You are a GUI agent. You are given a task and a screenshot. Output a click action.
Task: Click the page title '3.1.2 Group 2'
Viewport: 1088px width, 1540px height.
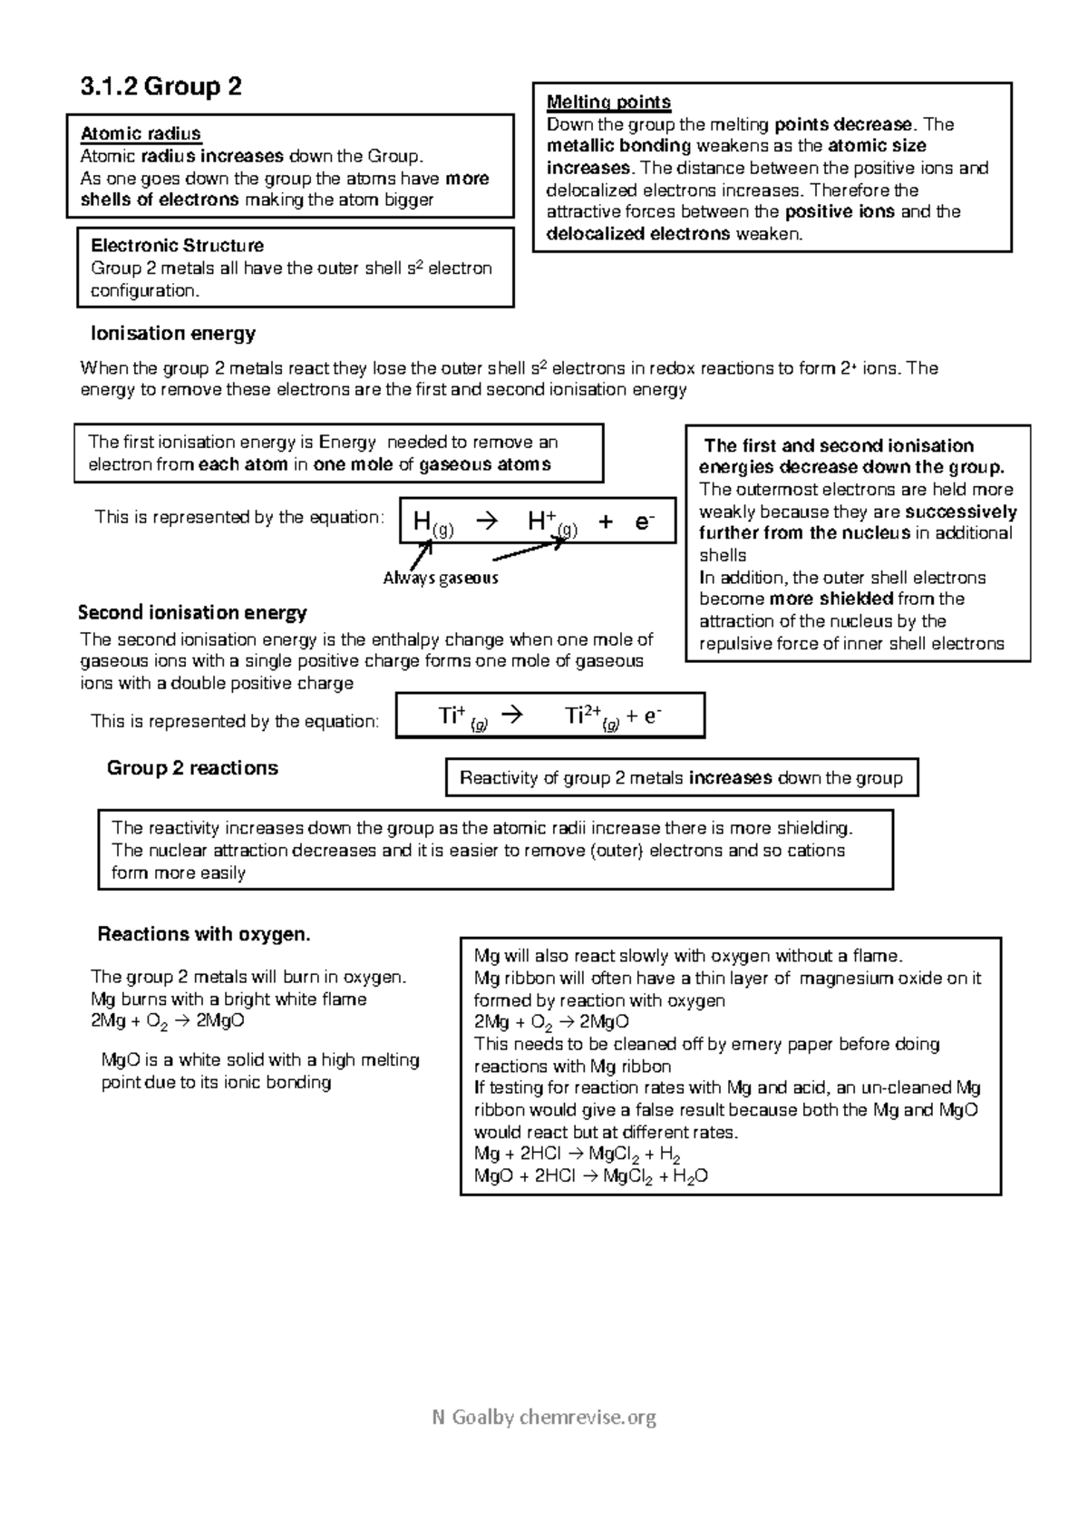tap(160, 87)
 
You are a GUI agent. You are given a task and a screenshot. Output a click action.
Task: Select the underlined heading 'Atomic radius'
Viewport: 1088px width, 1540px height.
tap(141, 134)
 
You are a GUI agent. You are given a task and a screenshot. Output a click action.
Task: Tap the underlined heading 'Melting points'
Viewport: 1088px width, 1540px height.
tap(608, 102)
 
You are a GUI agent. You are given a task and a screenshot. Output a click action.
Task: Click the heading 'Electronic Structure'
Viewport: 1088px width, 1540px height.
tap(177, 246)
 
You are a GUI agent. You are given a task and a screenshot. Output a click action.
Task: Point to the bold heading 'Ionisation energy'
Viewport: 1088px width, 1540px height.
tap(173, 334)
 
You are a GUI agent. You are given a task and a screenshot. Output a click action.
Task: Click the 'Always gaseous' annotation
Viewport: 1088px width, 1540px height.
tap(440, 578)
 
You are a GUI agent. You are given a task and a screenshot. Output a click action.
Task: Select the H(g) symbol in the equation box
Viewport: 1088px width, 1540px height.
tap(432, 522)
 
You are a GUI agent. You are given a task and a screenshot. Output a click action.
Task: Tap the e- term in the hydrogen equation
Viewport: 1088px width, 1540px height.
tap(644, 521)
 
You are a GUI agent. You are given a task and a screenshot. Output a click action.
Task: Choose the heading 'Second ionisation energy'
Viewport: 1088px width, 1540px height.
tap(192, 612)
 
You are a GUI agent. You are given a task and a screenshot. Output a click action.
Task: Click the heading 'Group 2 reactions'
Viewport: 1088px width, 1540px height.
tap(192, 768)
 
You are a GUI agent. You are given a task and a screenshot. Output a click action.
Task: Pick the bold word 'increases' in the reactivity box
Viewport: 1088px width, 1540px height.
tap(730, 778)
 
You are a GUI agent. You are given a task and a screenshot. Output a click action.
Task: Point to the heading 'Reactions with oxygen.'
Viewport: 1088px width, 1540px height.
tap(204, 934)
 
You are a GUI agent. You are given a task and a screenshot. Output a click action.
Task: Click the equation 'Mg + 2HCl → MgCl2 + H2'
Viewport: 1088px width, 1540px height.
tap(577, 1155)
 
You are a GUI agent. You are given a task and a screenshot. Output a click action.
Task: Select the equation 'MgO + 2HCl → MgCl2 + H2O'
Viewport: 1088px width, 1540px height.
tap(590, 1177)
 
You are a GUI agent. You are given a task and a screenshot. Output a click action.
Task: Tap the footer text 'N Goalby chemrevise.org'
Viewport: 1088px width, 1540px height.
tap(544, 1417)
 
